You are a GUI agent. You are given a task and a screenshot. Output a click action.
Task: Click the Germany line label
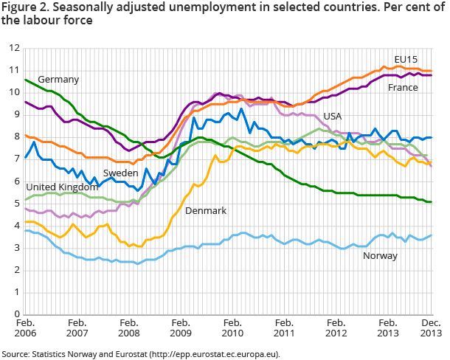58,79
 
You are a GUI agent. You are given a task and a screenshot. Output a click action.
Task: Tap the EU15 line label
406,59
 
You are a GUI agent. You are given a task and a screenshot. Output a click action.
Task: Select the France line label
403,87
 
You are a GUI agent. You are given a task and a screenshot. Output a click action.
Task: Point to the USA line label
332,117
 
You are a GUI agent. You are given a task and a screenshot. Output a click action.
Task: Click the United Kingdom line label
62,187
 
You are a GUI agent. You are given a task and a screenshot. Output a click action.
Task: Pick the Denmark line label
205,210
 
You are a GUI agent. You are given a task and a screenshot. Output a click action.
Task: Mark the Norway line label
380,256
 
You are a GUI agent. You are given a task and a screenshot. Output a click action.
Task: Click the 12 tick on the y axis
14,48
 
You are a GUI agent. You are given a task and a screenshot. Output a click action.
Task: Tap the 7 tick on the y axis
17,159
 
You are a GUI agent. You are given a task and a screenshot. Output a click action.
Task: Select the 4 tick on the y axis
17,226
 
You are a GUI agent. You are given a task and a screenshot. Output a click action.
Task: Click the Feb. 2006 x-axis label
25,328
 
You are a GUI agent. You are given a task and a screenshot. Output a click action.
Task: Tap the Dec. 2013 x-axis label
432,328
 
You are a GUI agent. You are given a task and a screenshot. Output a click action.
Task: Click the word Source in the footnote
15,353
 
